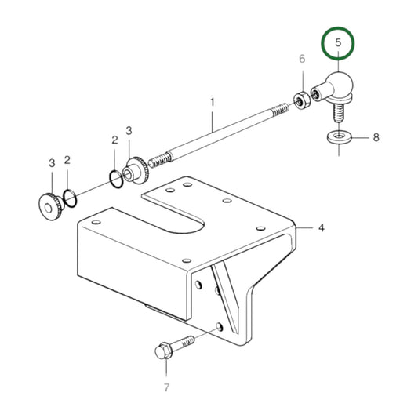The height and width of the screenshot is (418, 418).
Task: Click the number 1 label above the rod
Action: pyautogui.click(x=212, y=102)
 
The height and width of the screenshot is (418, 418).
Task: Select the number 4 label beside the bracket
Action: pyautogui.click(x=321, y=228)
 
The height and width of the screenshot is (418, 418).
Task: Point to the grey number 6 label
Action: pyautogui.click(x=302, y=60)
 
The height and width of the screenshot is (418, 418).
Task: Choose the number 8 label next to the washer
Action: pyautogui.click(x=376, y=137)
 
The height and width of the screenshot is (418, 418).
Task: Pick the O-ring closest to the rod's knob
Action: pyautogui.click(x=116, y=180)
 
